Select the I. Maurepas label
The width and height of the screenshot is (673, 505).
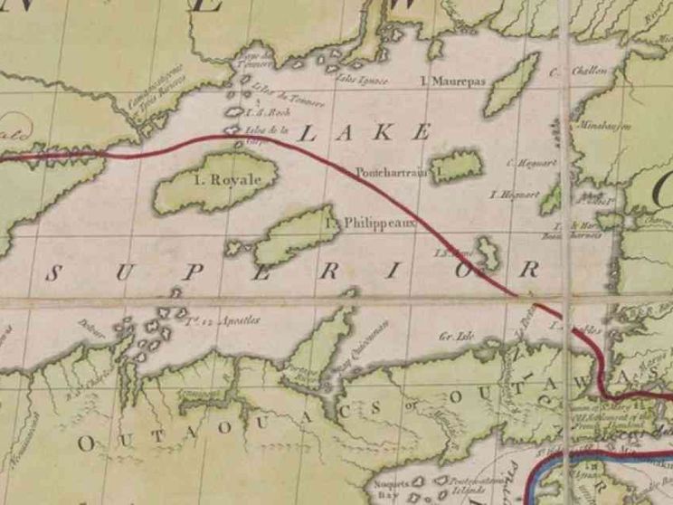coord(454,81)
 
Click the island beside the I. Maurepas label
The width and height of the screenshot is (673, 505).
coord(511,84)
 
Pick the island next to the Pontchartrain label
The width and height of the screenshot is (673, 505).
coord(459,167)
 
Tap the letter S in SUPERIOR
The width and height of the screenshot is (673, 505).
coord(60,272)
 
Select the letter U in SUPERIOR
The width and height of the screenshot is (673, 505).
coord(132,272)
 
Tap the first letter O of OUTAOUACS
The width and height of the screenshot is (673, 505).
coord(86,443)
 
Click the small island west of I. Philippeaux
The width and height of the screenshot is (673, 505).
coord(239,247)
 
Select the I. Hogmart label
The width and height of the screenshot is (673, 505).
coord(514,194)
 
